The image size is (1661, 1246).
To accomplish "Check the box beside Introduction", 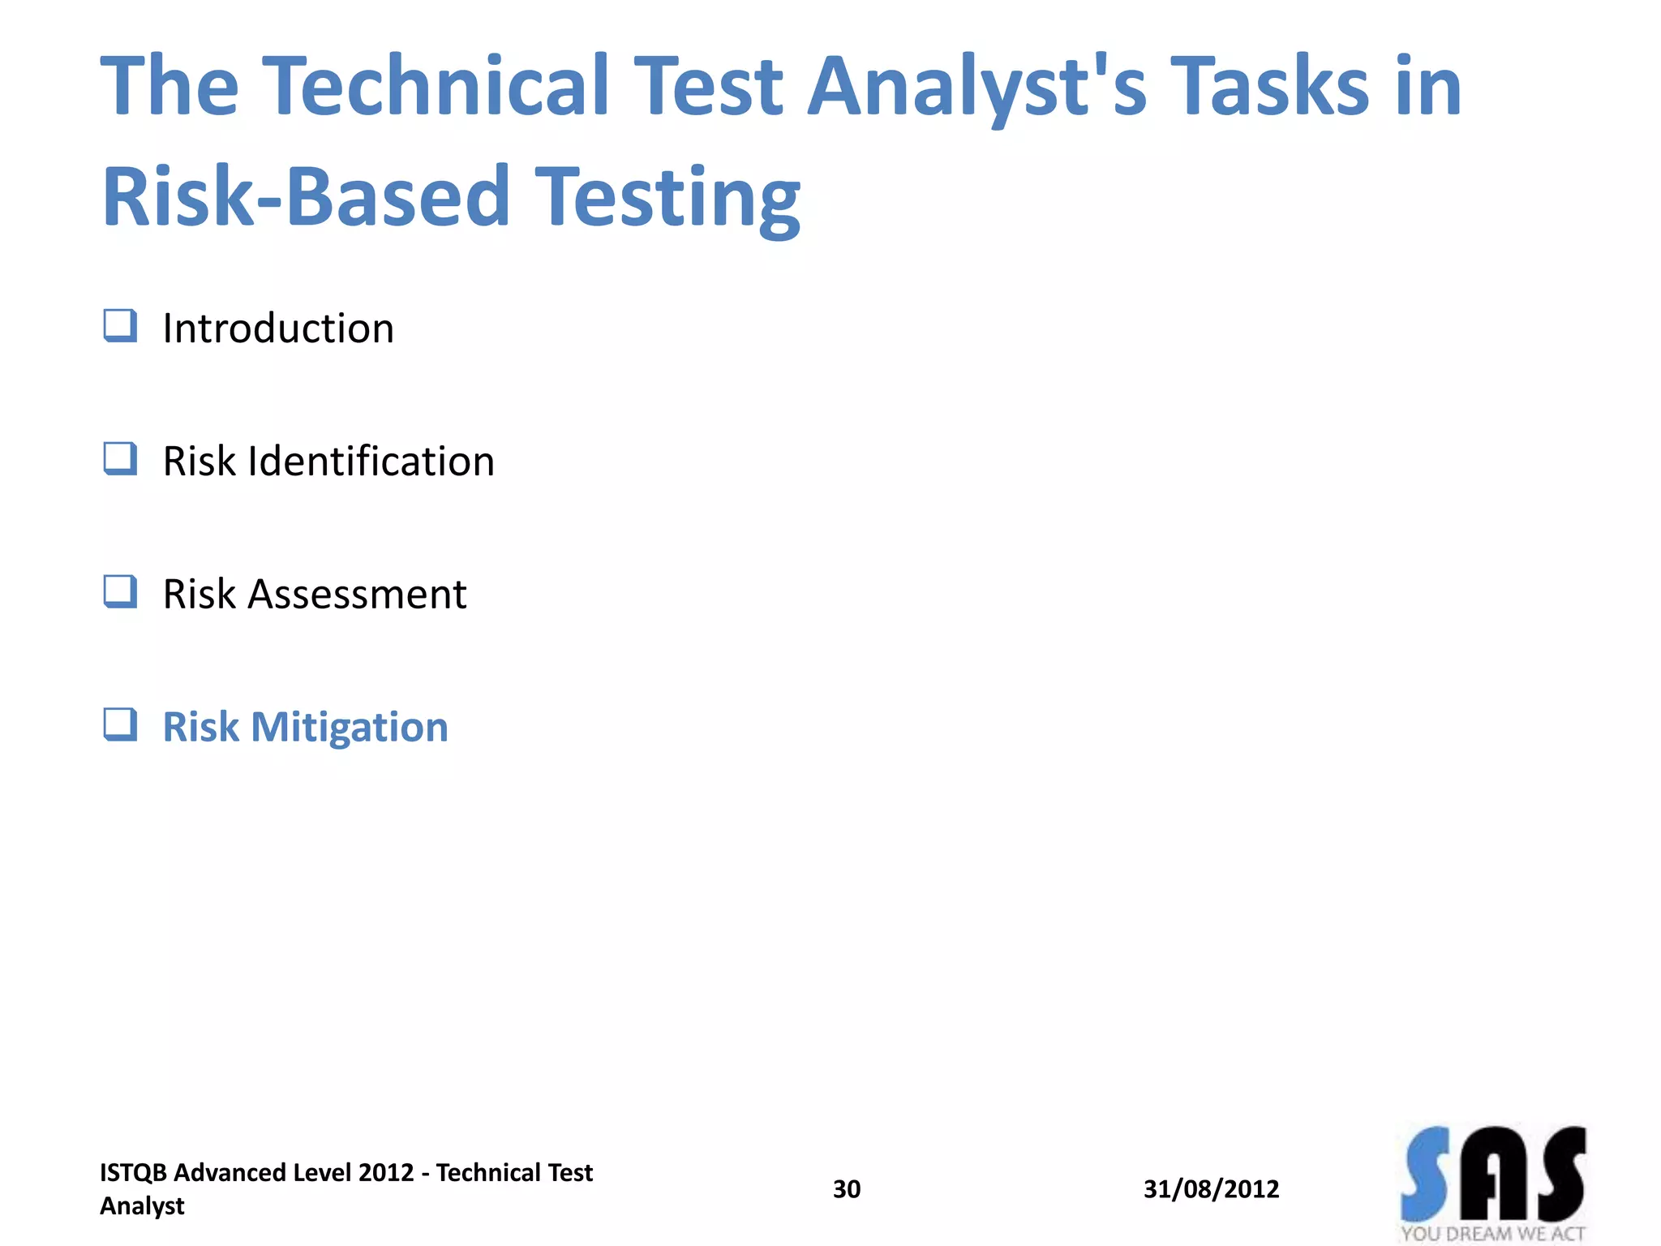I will pyautogui.click(x=120, y=326).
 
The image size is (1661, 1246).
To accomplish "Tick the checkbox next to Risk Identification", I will pyautogui.click(x=120, y=459).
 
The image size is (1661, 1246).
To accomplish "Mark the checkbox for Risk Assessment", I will pyautogui.click(x=120, y=592).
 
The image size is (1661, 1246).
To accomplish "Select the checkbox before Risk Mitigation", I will pyautogui.click(x=120, y=725).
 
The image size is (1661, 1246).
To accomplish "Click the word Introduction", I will pyautogui.click(x=278, y=329).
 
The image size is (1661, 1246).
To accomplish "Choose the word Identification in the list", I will pyautogui.click(x=371, y=462).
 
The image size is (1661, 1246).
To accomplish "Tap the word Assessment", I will pyautogui.click(x=357, y=595).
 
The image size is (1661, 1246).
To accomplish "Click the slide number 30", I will pyautogui.click(x=847, y=1189).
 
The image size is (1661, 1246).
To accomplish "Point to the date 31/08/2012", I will pyautogui.click(x=1211, y=1189).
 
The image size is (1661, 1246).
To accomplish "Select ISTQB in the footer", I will pyautogui.click(x=133, y=1173).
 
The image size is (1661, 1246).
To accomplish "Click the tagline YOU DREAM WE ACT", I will pyautogui.click(x=1492, y=1234).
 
